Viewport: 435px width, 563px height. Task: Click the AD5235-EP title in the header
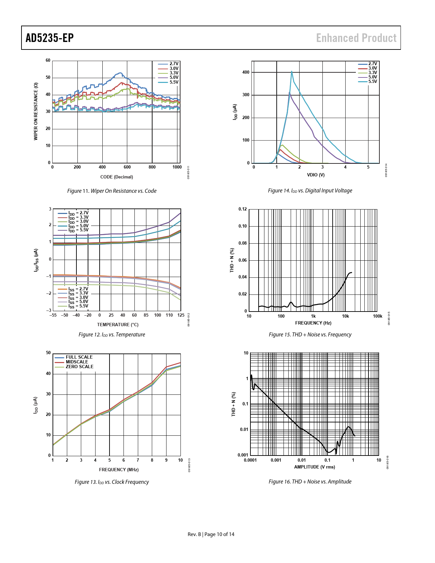click(x=50, y=38)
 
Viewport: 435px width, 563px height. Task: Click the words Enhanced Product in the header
click(x=356, y=38)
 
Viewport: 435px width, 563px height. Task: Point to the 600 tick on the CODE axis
click(x=127, y=167)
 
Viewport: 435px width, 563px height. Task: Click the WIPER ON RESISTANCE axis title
click(x=35, y=111)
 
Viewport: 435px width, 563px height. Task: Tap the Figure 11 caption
click(x=112, y=191)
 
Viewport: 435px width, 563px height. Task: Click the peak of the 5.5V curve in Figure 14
click(x=292, y=71)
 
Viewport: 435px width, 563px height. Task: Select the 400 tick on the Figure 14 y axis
click(x=246, y=72)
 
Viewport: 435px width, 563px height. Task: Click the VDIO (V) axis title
click(x=316, y=175)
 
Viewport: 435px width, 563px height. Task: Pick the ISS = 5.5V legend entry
click(x=78, y=306)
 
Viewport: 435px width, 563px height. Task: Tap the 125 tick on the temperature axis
click(x=181, y=315)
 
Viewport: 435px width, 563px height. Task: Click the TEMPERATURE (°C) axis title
click(x=118, y=325)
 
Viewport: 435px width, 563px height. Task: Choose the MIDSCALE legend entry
click(x=77, y=362)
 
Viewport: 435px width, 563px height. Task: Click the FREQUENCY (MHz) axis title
click(x=119, y=470)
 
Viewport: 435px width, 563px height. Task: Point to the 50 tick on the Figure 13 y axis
click(x=48, y=353)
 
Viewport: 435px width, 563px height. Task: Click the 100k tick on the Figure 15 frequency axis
click(x=377, y=316)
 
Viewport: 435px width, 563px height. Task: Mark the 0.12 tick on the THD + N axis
click(x=243, y=209)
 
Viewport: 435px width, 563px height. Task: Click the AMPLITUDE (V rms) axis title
click(x=315, y=467)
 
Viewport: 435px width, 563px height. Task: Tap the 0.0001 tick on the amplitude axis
click(x=250, y=460)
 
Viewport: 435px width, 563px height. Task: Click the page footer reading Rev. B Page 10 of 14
click(x=211, y=534)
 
